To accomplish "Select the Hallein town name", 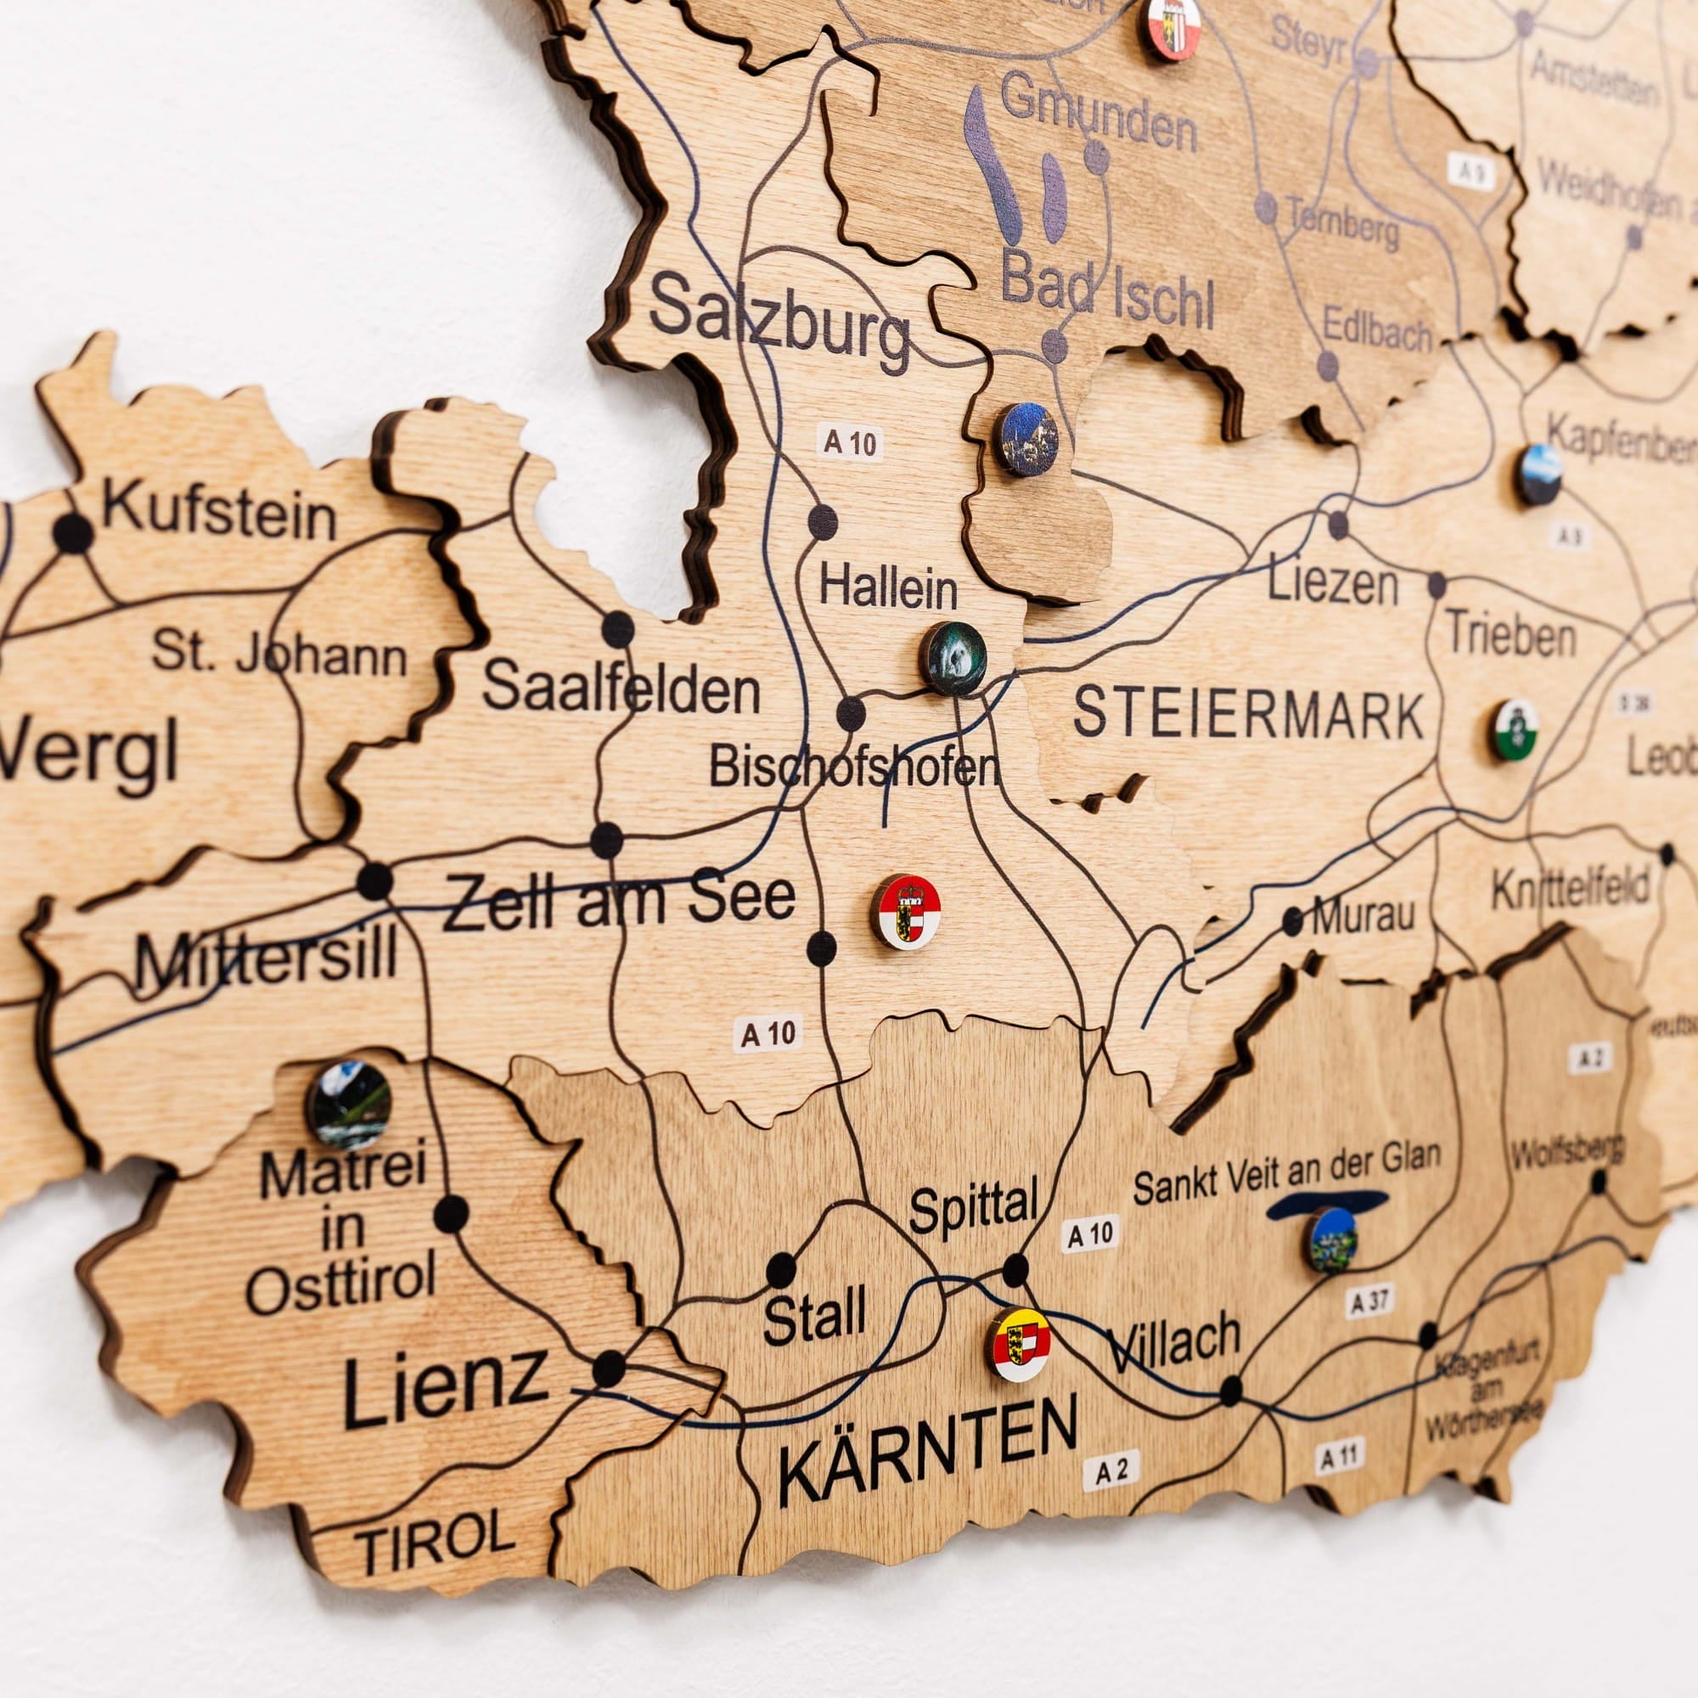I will (888, 588).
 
